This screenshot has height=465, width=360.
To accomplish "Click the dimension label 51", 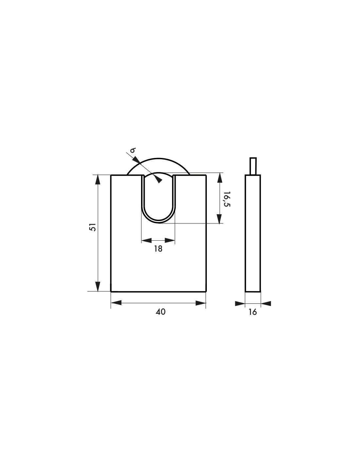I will (x=93, y=227).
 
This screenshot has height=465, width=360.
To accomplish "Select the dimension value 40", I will (x=160, y=312).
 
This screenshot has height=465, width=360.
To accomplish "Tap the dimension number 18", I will (x=158, y=249).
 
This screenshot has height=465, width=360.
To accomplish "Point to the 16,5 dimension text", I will (x=226, y=199).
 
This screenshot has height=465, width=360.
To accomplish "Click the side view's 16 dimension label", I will (x=253, y=312).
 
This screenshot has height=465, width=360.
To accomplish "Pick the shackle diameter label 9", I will (x=133, y=150).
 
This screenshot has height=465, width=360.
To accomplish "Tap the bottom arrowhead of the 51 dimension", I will (x=97, y=286).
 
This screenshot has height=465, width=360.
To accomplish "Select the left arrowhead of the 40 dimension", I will (x=116, y=303).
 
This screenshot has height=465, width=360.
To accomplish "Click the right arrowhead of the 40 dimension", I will (x=201, y=303).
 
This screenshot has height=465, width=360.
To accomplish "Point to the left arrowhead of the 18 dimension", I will (x=146, y=240).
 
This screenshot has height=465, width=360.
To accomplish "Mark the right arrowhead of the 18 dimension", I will (x=170, y=240).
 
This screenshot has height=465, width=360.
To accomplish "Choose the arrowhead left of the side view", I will (x=240, y=303).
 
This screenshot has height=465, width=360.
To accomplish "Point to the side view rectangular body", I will (x=253, y=233).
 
